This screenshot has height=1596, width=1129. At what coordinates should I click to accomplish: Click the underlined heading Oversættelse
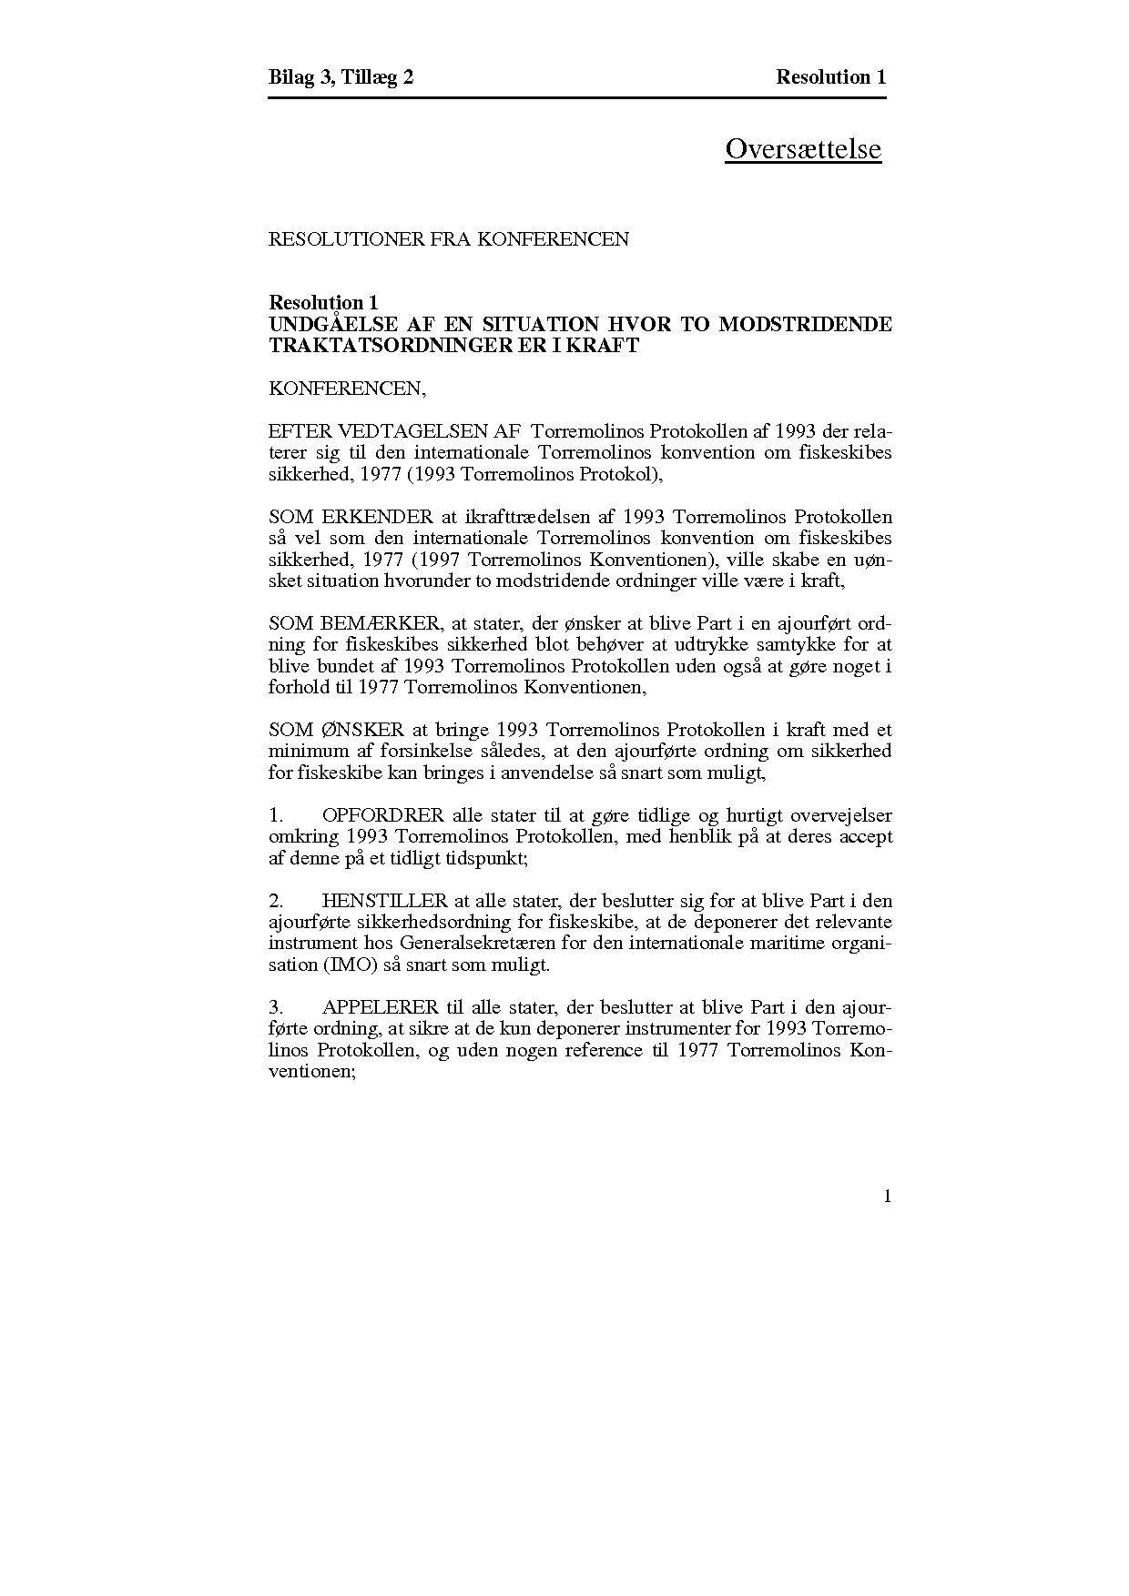click(802, 148)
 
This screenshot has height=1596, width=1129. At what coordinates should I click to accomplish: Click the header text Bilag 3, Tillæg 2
click(341, 77)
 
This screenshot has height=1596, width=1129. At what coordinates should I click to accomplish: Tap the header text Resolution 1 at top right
click(830, 77)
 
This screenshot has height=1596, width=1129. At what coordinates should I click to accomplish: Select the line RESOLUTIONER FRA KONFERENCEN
click(448, 239)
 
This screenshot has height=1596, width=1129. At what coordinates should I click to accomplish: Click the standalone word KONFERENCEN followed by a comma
click(347, 389)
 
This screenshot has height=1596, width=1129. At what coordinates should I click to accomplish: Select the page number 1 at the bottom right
click(887, 1197)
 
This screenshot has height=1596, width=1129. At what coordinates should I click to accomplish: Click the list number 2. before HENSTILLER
click(276, 901)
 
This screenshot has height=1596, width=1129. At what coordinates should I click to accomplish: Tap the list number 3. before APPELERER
click(276, 1008)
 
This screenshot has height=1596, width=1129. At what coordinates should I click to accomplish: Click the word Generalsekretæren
click(485, 944)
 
